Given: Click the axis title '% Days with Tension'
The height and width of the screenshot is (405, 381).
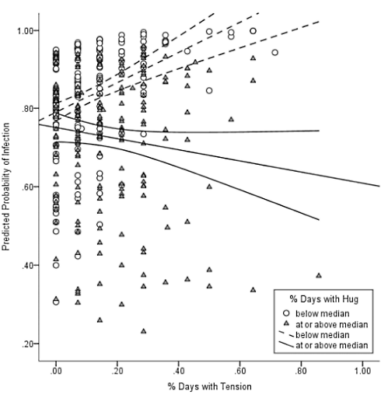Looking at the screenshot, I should click(x=208, y=386).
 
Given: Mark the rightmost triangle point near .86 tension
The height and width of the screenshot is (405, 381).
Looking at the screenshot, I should click(x=318, y=275).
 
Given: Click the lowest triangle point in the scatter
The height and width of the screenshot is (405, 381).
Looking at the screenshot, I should click(x=143, y=330).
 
